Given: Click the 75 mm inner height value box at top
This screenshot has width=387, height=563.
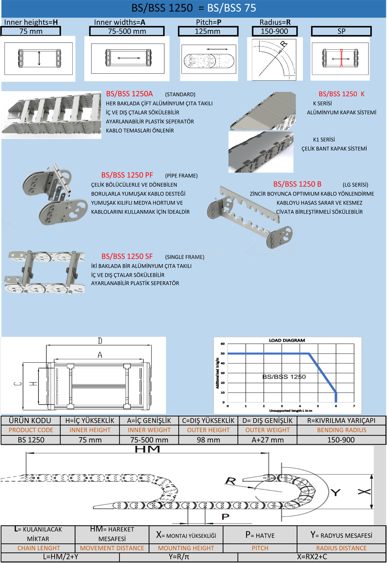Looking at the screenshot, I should coord(31,31).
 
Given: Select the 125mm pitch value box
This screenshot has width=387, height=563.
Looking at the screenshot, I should coord(208,31).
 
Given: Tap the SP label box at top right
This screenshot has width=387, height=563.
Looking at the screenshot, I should coord(341,31).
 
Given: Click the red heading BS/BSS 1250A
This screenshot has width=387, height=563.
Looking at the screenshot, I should coord(129,94).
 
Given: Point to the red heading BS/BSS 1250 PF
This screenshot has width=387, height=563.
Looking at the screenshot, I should coord(127,175).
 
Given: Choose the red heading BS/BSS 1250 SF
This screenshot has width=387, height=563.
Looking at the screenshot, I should coord(127,257).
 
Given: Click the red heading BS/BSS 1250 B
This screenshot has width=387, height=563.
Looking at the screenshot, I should coord(297,184).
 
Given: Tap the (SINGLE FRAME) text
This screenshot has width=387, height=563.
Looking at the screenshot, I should coord(185,257).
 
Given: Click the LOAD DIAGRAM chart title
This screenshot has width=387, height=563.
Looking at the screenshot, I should coord(287,340).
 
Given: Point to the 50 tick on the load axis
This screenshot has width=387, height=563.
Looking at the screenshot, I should coord(223,353).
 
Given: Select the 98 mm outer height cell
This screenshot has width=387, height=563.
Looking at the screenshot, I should coord(208,440).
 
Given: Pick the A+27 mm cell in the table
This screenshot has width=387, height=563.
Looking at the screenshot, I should coord(267,440).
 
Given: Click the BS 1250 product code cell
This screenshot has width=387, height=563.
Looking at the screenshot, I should coord(31,440).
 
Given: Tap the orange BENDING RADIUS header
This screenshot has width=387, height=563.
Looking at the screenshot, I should coord(341,430).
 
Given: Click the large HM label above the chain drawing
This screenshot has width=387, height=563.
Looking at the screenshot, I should coord(147,449).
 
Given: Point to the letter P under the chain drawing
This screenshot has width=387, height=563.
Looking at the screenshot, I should coord(225,517).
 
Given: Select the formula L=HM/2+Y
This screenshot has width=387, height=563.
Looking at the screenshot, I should coord(60,557).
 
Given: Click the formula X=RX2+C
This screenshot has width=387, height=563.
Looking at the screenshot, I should coord(312,557).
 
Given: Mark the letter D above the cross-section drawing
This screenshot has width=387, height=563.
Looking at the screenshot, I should coord(100,341).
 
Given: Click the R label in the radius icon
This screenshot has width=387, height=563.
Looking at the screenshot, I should coord(284,44).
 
